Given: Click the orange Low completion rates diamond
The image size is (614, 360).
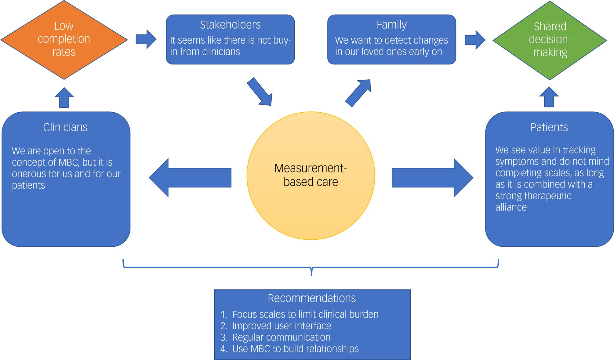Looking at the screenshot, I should click(x=64, y=40).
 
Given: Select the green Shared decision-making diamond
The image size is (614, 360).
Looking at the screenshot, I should click(x=550, y=40).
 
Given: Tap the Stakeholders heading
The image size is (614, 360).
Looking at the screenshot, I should click(x=230, y=25).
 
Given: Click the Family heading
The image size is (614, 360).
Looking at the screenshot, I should click(x=391, y=25).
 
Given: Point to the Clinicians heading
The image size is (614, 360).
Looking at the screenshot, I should click(x=65, y=127).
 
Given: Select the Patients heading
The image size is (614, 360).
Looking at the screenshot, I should click(x=549, y=127).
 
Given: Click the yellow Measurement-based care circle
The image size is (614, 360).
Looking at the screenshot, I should click(x=311, y=176).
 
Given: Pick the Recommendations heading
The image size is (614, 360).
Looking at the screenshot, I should click(x=312, y=298).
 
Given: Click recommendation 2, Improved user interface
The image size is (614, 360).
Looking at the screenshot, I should click(x=281, y=326).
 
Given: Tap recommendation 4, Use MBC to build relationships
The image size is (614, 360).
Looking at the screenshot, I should click(x=295, y=349).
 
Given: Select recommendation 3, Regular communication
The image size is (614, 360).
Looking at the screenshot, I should click(x=281, y=337).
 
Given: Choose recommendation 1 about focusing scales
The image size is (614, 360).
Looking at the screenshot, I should click(x=305, y=315).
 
